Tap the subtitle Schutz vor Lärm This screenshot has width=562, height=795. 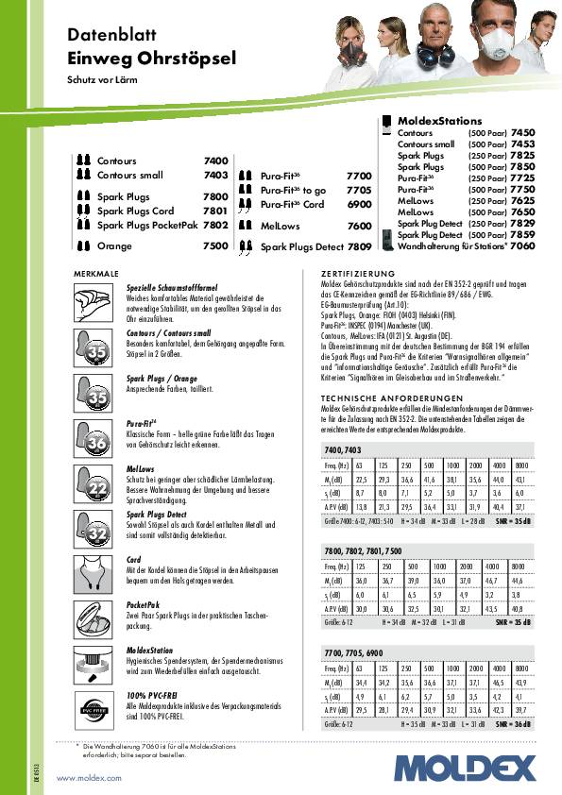coord(99,80)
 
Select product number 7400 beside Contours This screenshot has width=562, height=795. coord(215,161)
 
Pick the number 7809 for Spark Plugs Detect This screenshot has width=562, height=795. coord(359,246)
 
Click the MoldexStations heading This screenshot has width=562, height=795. coord(439,122)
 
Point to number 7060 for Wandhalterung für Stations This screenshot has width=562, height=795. coord(522,245)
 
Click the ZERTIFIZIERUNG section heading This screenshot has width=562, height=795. coord(357,273)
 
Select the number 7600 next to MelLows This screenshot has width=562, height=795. coord(359,227)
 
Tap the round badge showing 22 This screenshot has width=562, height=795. coord(96,487)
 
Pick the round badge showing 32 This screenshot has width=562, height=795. coord(96,534)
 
